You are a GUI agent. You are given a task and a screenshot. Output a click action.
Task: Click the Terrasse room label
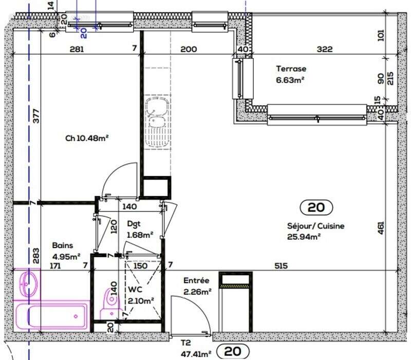(291, 68)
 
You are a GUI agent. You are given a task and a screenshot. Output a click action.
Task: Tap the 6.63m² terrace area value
(291, 80)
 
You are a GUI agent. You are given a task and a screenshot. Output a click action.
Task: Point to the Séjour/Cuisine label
(315, 226)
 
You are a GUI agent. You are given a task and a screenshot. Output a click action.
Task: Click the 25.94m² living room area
(304, 237)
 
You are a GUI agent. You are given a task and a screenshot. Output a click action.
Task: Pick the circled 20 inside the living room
(316, 207)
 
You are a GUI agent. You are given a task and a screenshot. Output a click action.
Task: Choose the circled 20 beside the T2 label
(233, 352)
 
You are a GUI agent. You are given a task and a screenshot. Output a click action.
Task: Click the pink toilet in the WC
(109, 301)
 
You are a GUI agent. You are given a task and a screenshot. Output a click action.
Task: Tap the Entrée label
(196, 281)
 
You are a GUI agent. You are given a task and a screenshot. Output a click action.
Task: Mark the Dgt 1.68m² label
(139, 230)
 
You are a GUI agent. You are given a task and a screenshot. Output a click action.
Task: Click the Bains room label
(62, 245)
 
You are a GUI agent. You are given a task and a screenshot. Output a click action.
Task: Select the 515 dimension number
(281, 266)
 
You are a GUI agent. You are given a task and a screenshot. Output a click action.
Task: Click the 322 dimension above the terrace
(325, 50)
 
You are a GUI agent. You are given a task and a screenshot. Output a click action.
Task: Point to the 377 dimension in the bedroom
(35, 117)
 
